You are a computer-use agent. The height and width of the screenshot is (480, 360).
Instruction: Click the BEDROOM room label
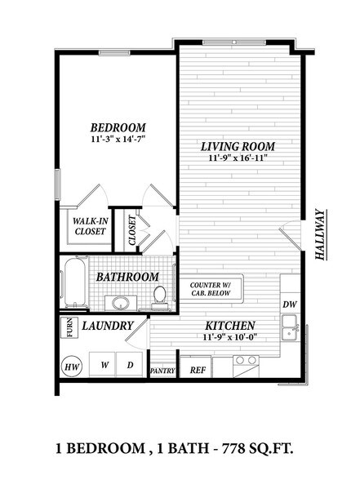(x=118, y=127)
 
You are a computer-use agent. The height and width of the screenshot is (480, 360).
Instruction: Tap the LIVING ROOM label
(x=238, y=147)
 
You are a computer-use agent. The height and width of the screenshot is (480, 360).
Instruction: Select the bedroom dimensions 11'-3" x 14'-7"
(x=118, y=140)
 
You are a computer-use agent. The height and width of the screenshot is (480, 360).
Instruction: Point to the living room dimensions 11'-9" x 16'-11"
(x=238, y=160)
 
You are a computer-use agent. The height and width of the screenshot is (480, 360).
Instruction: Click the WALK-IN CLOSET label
(x=90, y=225)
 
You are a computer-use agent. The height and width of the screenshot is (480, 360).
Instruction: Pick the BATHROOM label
(x=127, y=277)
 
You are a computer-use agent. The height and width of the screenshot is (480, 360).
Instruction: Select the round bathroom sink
(x=121, y=304)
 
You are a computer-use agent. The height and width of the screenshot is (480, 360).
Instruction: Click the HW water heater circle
(x=71, y=366)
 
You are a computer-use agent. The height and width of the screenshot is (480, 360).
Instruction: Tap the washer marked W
(x=104, y=365)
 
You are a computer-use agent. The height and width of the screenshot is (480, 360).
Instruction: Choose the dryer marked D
(x=130, y=365)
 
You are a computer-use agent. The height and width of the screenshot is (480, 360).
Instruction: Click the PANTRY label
(x=162, y=371)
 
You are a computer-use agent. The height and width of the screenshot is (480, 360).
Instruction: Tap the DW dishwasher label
(x=289, y=304)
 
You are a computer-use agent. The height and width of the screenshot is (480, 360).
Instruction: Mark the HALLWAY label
(x=321, y=235)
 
